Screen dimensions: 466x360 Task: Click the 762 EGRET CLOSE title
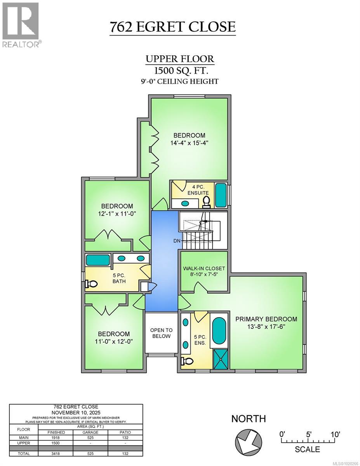172,27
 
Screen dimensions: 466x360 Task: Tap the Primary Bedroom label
266,319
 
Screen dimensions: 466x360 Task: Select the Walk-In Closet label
204,268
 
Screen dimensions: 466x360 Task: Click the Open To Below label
160,333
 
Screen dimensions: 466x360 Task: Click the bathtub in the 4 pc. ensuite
221,195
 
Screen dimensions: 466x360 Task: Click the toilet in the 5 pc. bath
91,284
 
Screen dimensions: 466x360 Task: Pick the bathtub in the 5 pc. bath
97,259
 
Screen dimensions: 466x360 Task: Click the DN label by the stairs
177,241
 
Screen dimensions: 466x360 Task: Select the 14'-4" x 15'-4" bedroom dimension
189,143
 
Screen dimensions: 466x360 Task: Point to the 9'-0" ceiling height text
179,81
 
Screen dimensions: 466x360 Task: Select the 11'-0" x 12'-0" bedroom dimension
113,341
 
